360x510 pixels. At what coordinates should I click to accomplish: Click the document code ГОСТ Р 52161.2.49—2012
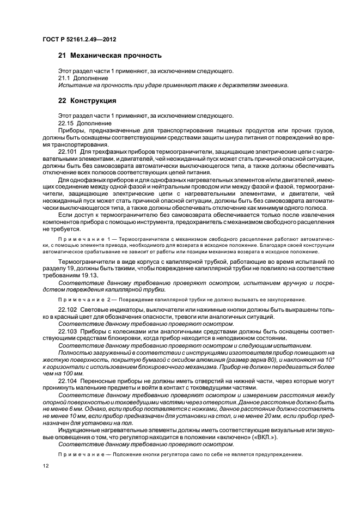point(79,39)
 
